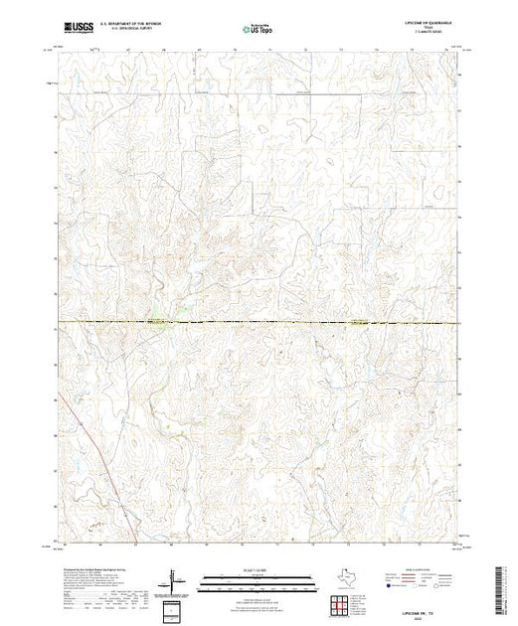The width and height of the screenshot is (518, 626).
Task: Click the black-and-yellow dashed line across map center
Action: coord(298,322)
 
